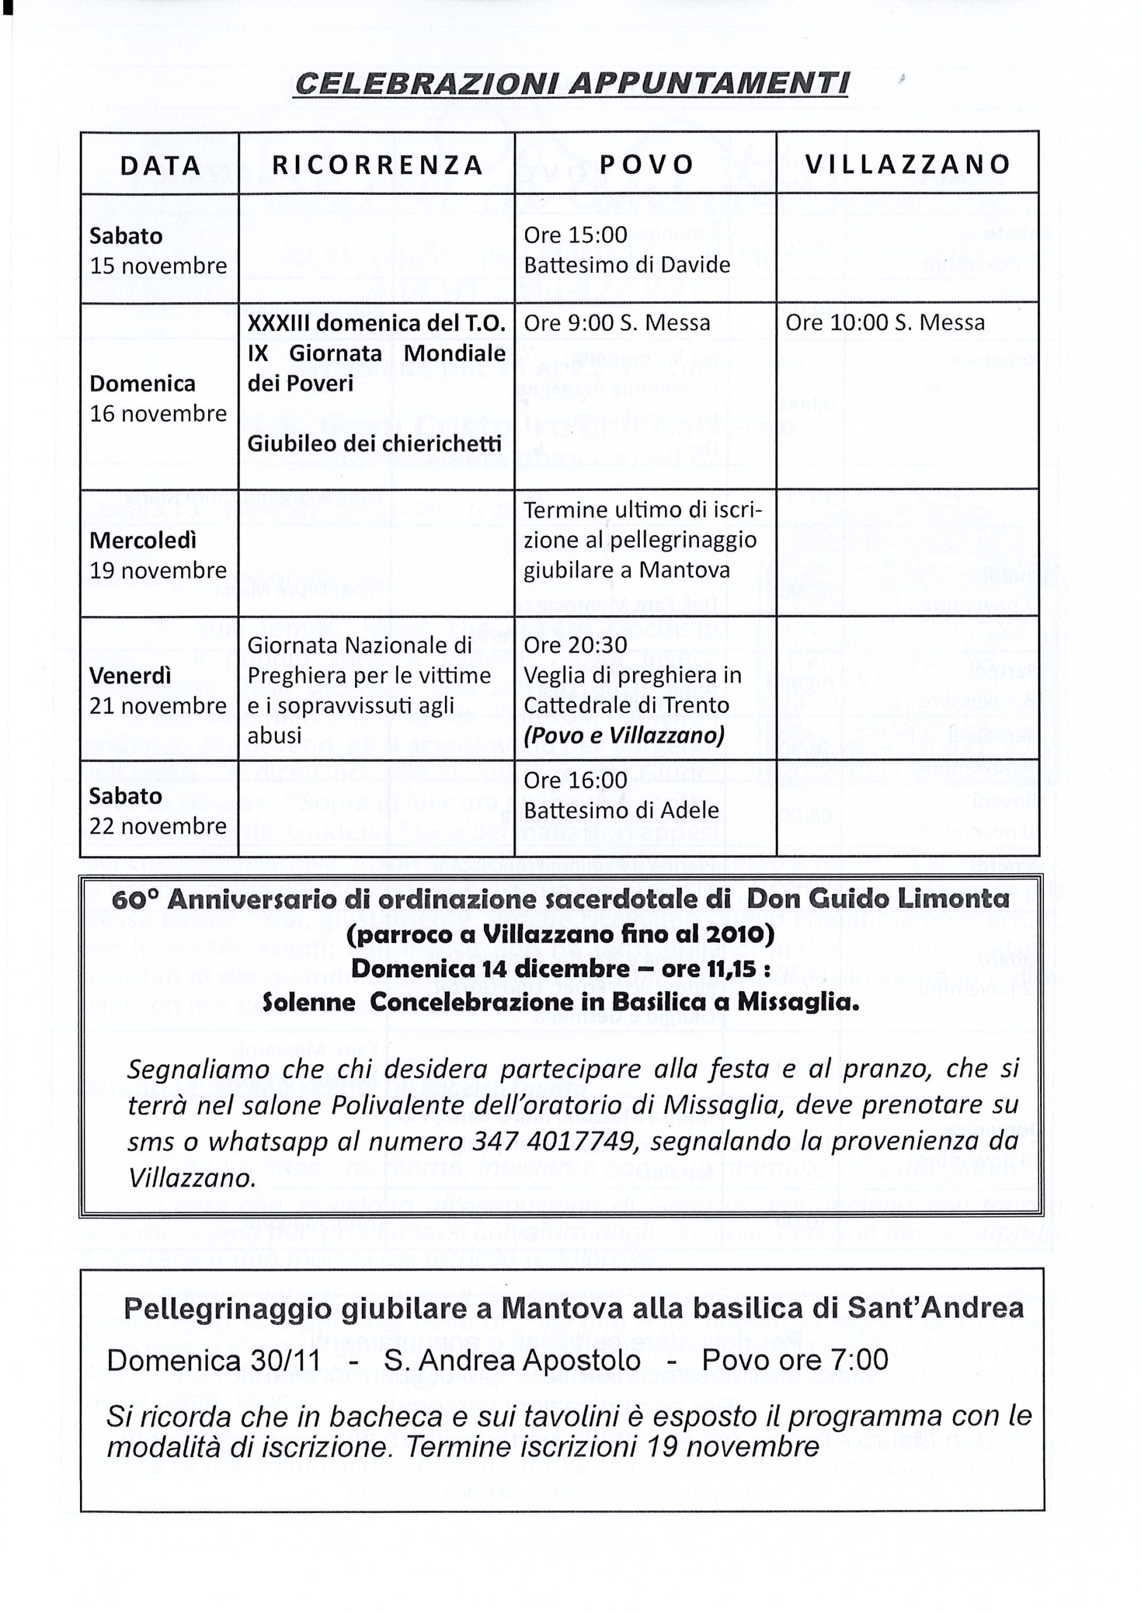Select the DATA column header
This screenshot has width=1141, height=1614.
160,166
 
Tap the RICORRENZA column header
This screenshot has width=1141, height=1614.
378,165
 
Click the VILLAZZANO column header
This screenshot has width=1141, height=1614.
908,165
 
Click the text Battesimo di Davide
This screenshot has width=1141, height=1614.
627,265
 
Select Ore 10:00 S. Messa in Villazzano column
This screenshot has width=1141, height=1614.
884,323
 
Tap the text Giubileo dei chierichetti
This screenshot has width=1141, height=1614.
374,444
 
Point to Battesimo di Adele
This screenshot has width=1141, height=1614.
621,811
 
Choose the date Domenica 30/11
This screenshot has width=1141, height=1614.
214,1360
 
